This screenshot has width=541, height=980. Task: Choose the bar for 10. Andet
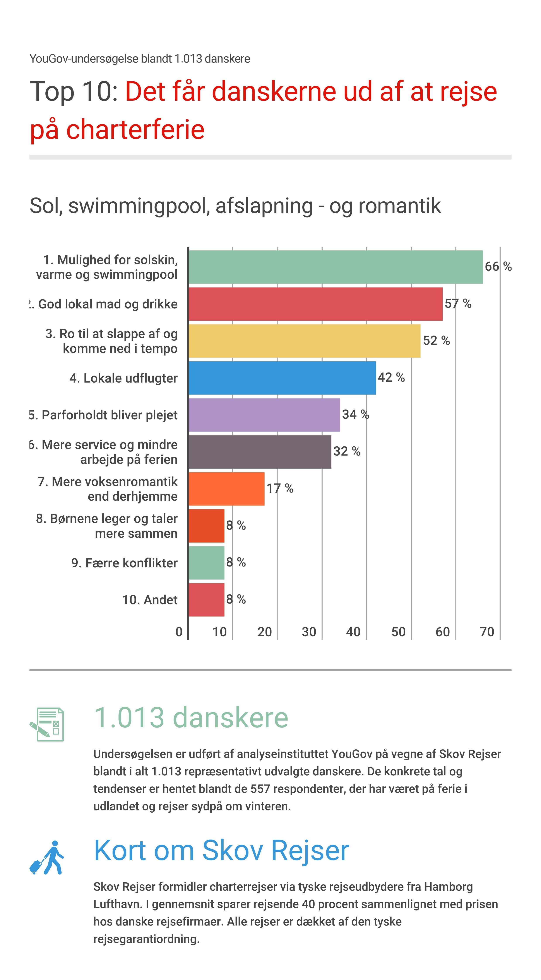pyautogui.click(x=206, y=600)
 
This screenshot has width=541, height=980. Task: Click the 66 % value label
pyautogui.click(x=498, y=266)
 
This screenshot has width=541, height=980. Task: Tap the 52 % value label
pyautogui.click(x=436, y=340)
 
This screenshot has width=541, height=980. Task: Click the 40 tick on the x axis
pyautogui.click(x=353, y=632)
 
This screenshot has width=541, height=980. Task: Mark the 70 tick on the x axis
pyautogui.click(x=486, y=632)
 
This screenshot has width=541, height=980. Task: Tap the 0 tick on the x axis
pyautogui.click(x=179, y=632)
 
